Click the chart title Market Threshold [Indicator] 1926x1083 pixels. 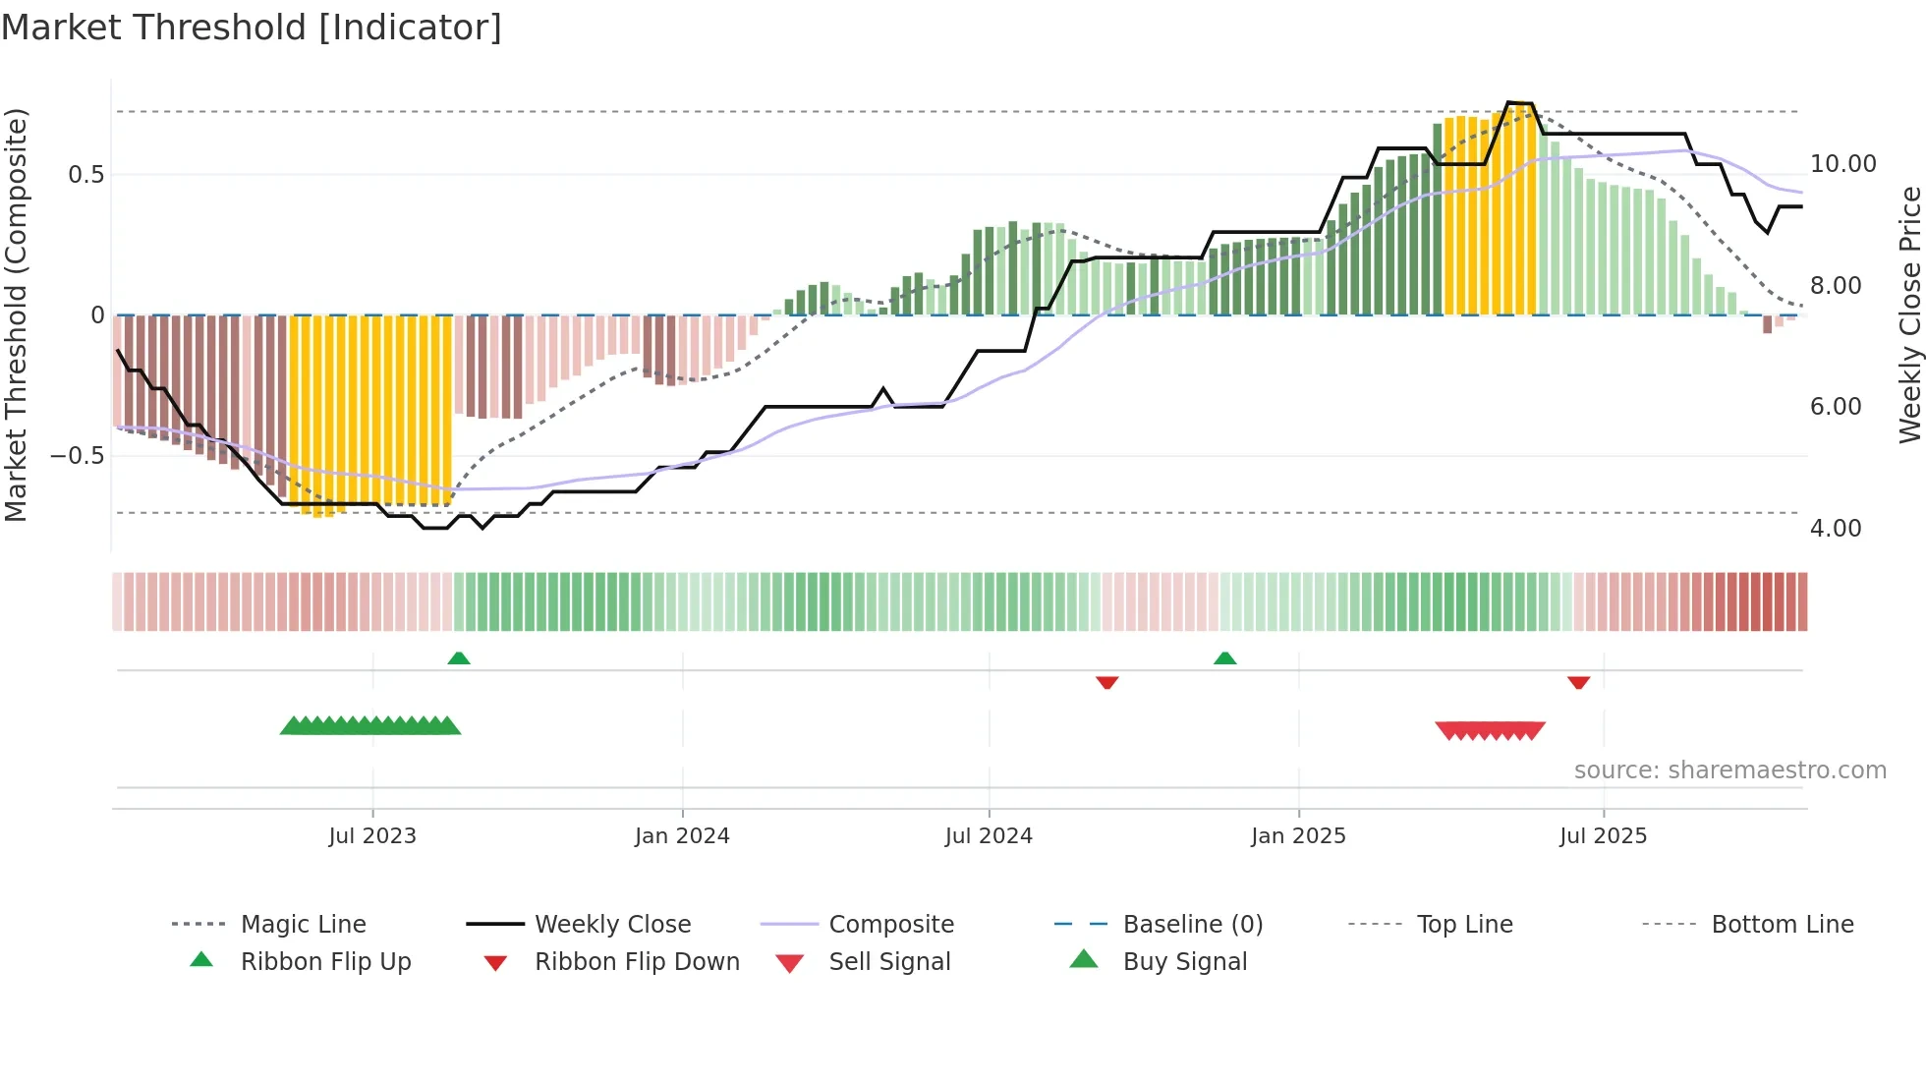pyautogui.click(x=252, y=28)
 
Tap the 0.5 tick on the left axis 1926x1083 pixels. pyautogui.click(x=85, y=175)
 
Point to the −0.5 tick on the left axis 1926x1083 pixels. pyautogui.click(x=77, y=456)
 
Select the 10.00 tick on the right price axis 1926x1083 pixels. pyautogui.click(x=1842, y=164)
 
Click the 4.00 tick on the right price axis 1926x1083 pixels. pyautogui.click(x=1836, y=529)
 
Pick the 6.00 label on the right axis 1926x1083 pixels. pyautogui.click(x=1836, y=407)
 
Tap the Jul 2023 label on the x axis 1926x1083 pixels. pyautogui.click(x=372, y=836)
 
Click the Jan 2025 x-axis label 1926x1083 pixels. pyautogui.click(x=1298, y=836)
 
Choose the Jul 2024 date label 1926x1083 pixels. pyautogui.click(x=989, y=836)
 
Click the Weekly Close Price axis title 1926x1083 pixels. pyautogui.click(x=1909, y=314)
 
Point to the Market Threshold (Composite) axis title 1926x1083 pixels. pyautogui.click(x=16, y=314)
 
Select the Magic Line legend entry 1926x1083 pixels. pyautogui.click(x=303, y=925)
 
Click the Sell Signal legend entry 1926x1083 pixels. pyautogui.click(x=889, y=962)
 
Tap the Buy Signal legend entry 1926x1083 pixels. pyautogui.click(x=1184, y=962)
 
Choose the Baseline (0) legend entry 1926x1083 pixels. pyautogui.click(x=1192, y=925)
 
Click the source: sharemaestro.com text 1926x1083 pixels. pyautogui.click(x=1729, y=770)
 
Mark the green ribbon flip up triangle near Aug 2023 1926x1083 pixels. pyautogui.click(x=459, y=658)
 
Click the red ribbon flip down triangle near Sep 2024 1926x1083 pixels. pyautogui.click(x=1107, y=682)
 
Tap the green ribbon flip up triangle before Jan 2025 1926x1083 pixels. pyautogui.click(x=1224, y=658)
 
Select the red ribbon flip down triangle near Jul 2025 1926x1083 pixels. pyautogui.click(x=1579, y=682)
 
